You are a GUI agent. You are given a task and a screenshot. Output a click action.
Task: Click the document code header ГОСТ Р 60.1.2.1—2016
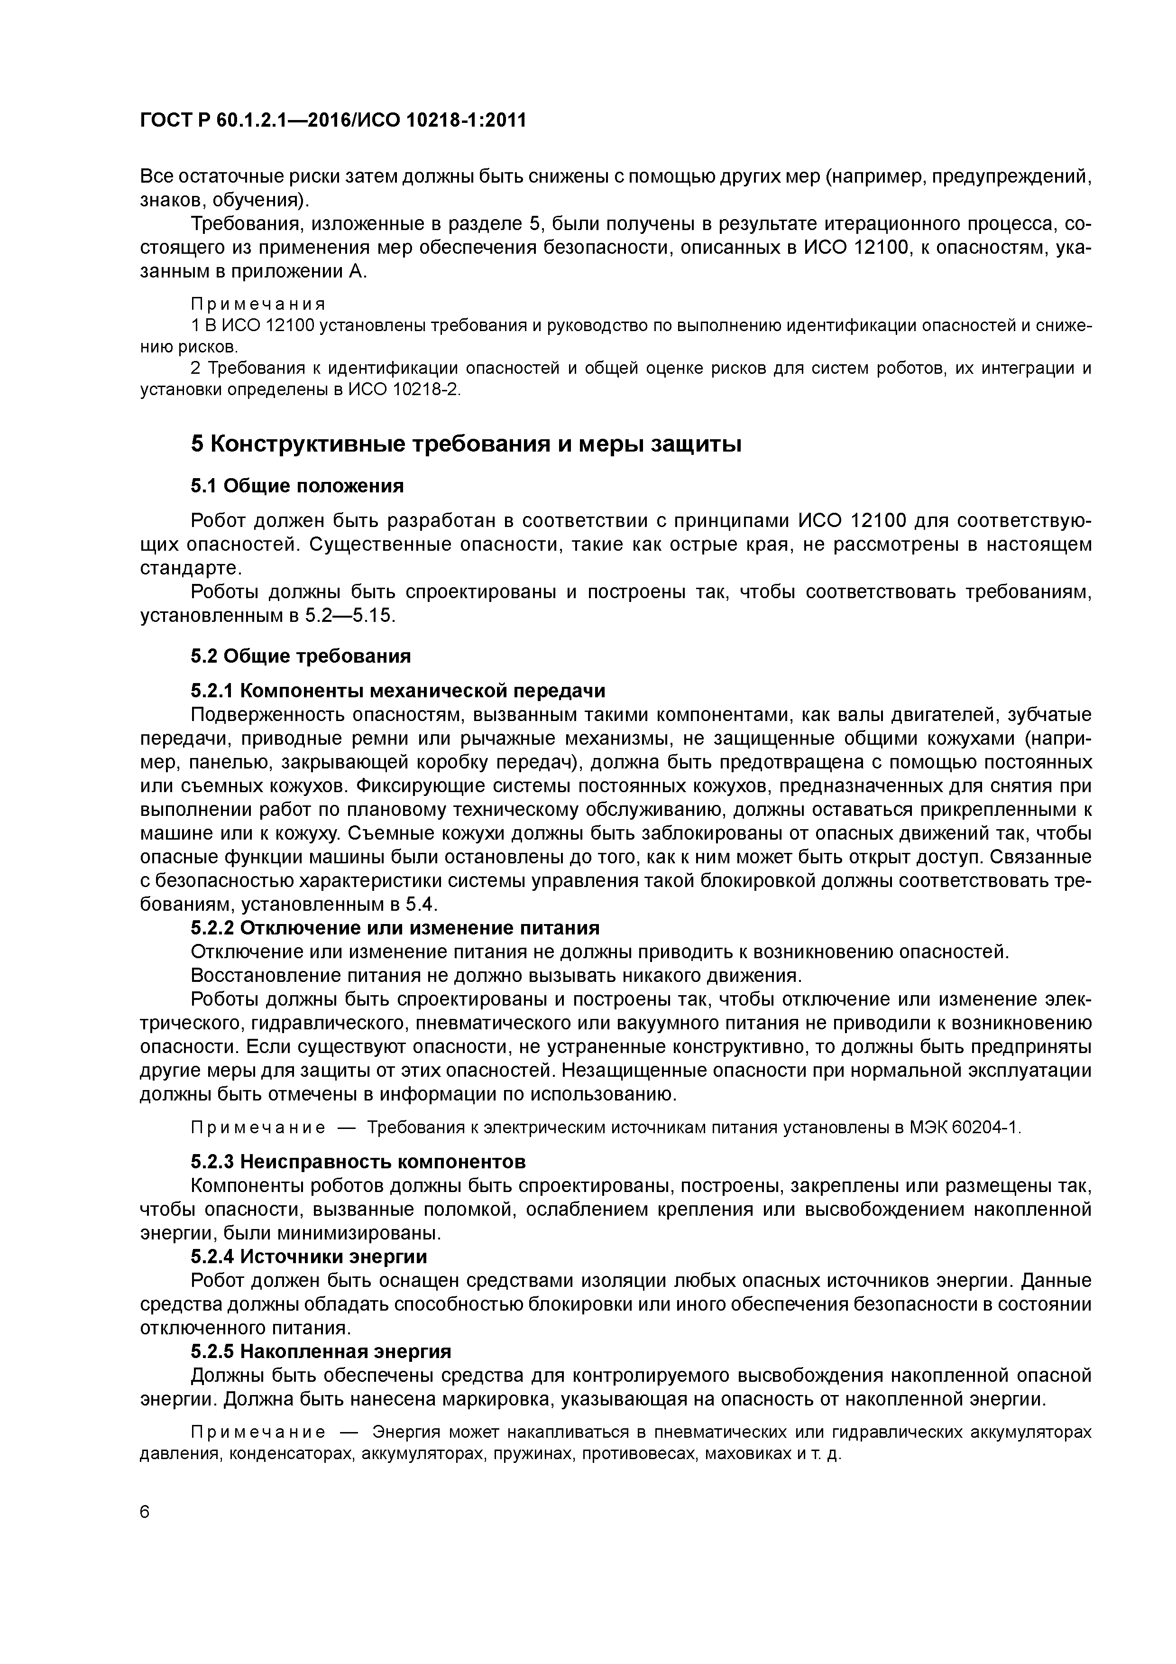pos(332,120)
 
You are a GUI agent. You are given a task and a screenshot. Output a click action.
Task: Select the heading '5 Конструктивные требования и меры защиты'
pos(466,444)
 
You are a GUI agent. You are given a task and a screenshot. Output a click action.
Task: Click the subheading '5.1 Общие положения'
pos(297,485)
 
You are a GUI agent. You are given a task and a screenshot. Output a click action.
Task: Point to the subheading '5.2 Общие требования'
pos(301,656)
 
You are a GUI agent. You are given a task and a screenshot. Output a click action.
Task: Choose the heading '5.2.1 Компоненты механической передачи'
pos(398,690)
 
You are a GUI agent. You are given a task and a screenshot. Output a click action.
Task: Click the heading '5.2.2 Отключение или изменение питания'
pos(395,928)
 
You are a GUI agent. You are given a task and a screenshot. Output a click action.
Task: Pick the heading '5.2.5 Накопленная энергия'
pos(321,1351)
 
